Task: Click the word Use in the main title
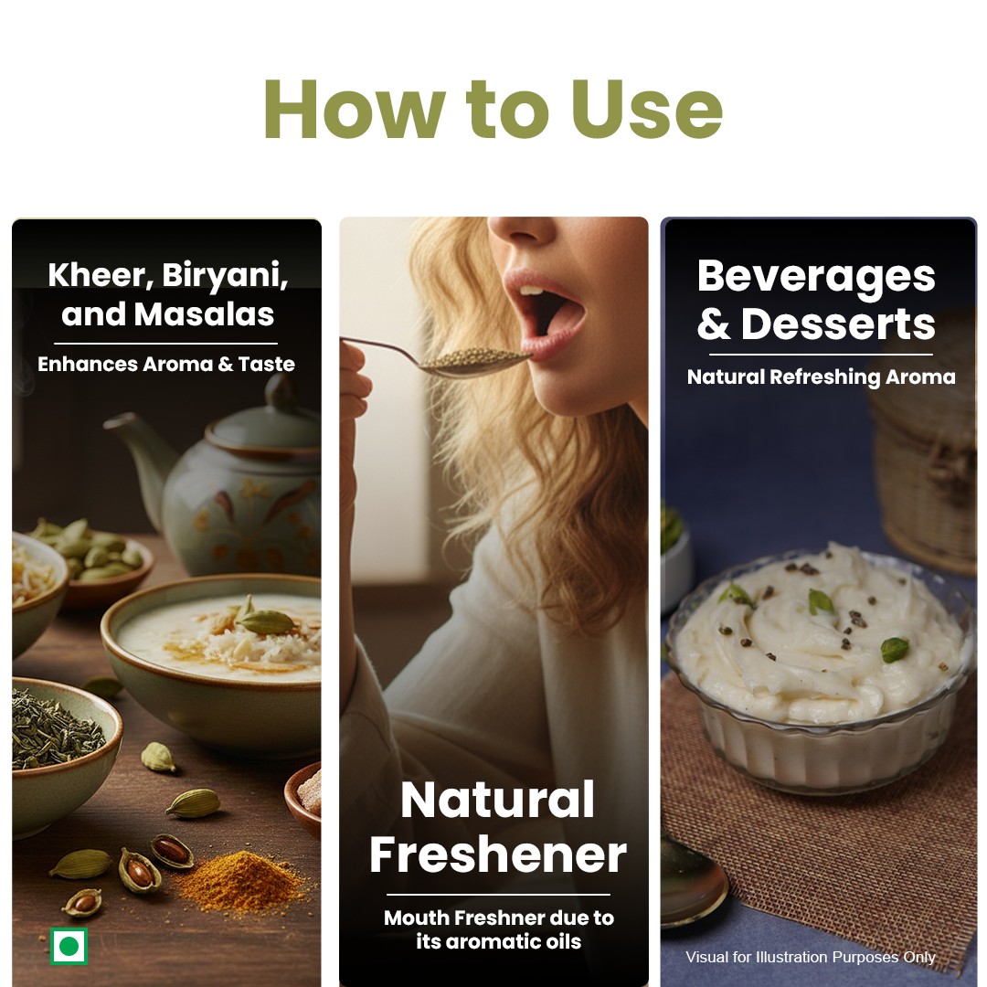(x=646, y=109)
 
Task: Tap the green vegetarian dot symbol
(x=69, y=946)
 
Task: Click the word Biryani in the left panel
(x=226, y=276)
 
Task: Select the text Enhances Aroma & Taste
(x=166, y=364)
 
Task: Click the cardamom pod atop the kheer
(x=264, y=622)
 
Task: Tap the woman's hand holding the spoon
(x=353, y=377)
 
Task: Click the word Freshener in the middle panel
(x=498, y=854)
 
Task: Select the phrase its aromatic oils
(x=499, y=941)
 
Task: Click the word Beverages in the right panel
(x=816, y=277)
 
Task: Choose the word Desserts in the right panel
(x=838, y=324)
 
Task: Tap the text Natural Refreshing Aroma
(x=821, y=377)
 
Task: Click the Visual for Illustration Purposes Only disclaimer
(x=811, y=957)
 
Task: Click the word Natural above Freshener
(x=498, y=800)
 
